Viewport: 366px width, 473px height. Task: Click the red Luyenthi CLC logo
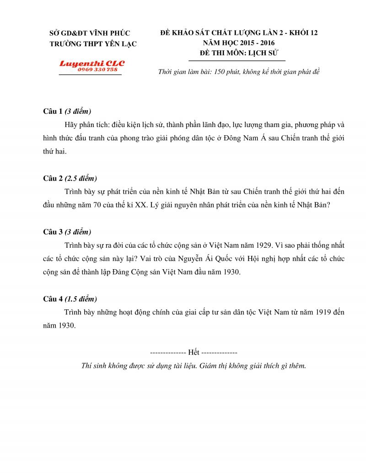point(91,64)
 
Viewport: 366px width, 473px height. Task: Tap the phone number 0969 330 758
point(97,69)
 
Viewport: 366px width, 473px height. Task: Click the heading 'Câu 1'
point(52,112)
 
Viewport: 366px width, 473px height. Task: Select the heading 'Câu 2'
point(52,179)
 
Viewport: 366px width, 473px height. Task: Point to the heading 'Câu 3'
point(52,232)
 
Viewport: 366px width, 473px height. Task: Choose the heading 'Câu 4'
point(52,299)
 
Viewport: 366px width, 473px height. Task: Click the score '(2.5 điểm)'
point(81,179)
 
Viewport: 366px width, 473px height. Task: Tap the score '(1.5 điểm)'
point(81,299)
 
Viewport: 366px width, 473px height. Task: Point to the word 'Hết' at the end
point(194,353)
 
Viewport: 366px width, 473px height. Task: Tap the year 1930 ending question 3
point(231,272)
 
